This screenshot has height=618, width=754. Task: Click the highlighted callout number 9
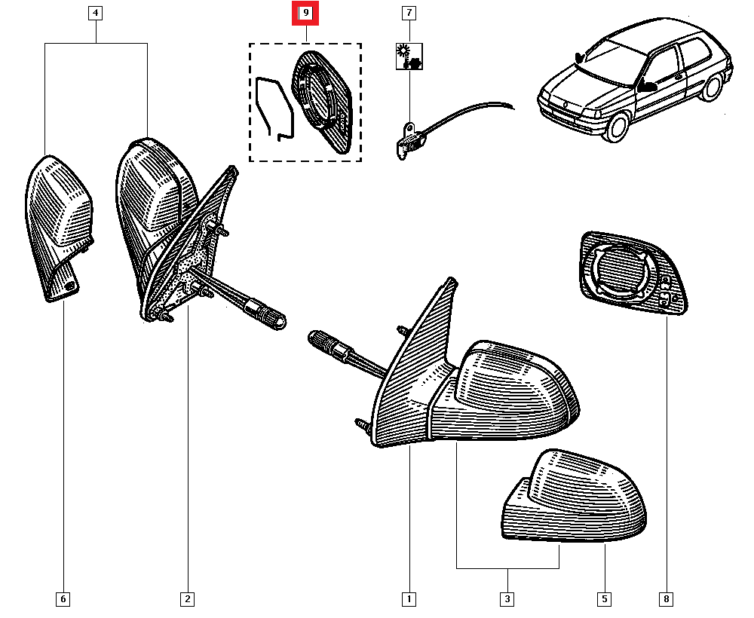306,13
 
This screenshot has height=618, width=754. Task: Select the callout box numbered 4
95,13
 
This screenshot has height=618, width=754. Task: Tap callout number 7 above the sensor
409,13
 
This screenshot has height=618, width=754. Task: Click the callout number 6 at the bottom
63,599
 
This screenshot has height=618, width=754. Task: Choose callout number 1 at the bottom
408,599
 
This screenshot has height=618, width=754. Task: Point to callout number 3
507,599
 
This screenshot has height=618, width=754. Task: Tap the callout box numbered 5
604,599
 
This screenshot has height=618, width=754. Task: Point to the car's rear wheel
710,88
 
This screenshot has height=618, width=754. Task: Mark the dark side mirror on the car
647,85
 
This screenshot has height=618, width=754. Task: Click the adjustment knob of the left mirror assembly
271,320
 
